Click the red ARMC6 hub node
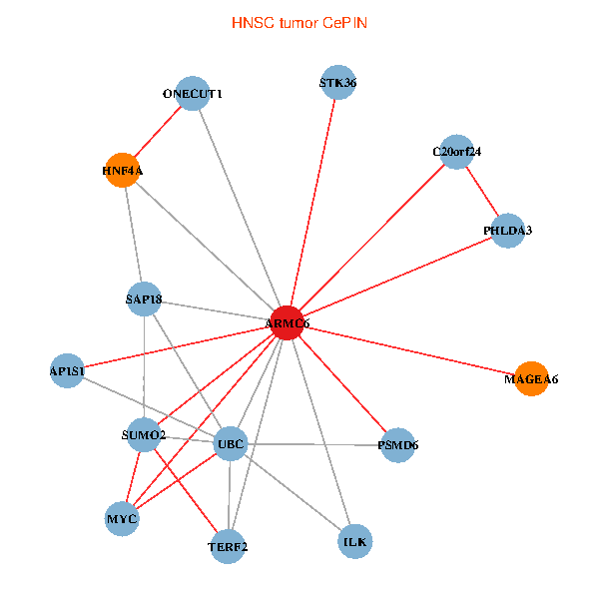click(287, 322)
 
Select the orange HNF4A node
click(122, 170)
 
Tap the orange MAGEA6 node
click(531, 378)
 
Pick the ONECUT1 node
click(192, 94)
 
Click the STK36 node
click(338, 83)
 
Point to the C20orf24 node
click(456, 152)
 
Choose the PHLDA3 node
click(508, 231)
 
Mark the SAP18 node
click(145, 299)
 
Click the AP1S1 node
click(67, 370)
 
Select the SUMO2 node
click(143, 435)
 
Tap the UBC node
click(231, 443)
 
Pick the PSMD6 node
click(397, 445)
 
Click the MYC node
click(122, 519)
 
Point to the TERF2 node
click(228, 546)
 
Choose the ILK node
click(355, 541)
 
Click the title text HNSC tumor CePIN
click(299, 22)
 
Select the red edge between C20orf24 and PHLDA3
click(482, 191)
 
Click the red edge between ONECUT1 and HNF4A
click(157, 132)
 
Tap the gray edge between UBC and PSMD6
click(314, 444)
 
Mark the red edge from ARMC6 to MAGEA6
click(409, 350)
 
